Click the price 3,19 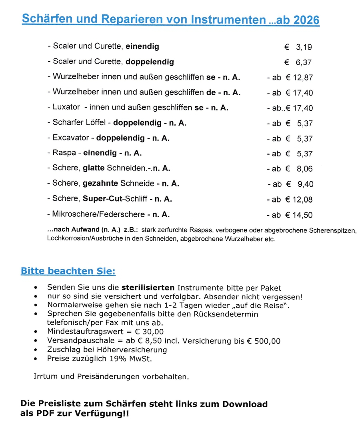coord(304,47)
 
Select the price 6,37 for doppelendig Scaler coord(304,62)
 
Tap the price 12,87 coord(303,78)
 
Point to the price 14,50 coord(302,215)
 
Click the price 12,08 coord(302,200)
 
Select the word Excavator coord(70,138)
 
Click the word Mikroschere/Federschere coord(98,214)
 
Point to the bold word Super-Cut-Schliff coord(118,199)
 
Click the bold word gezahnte coord(100,184)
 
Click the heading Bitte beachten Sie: coord(68,272)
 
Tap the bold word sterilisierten coord(148,288)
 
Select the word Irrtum coord(46,376)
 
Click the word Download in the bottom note coord(245,404)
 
